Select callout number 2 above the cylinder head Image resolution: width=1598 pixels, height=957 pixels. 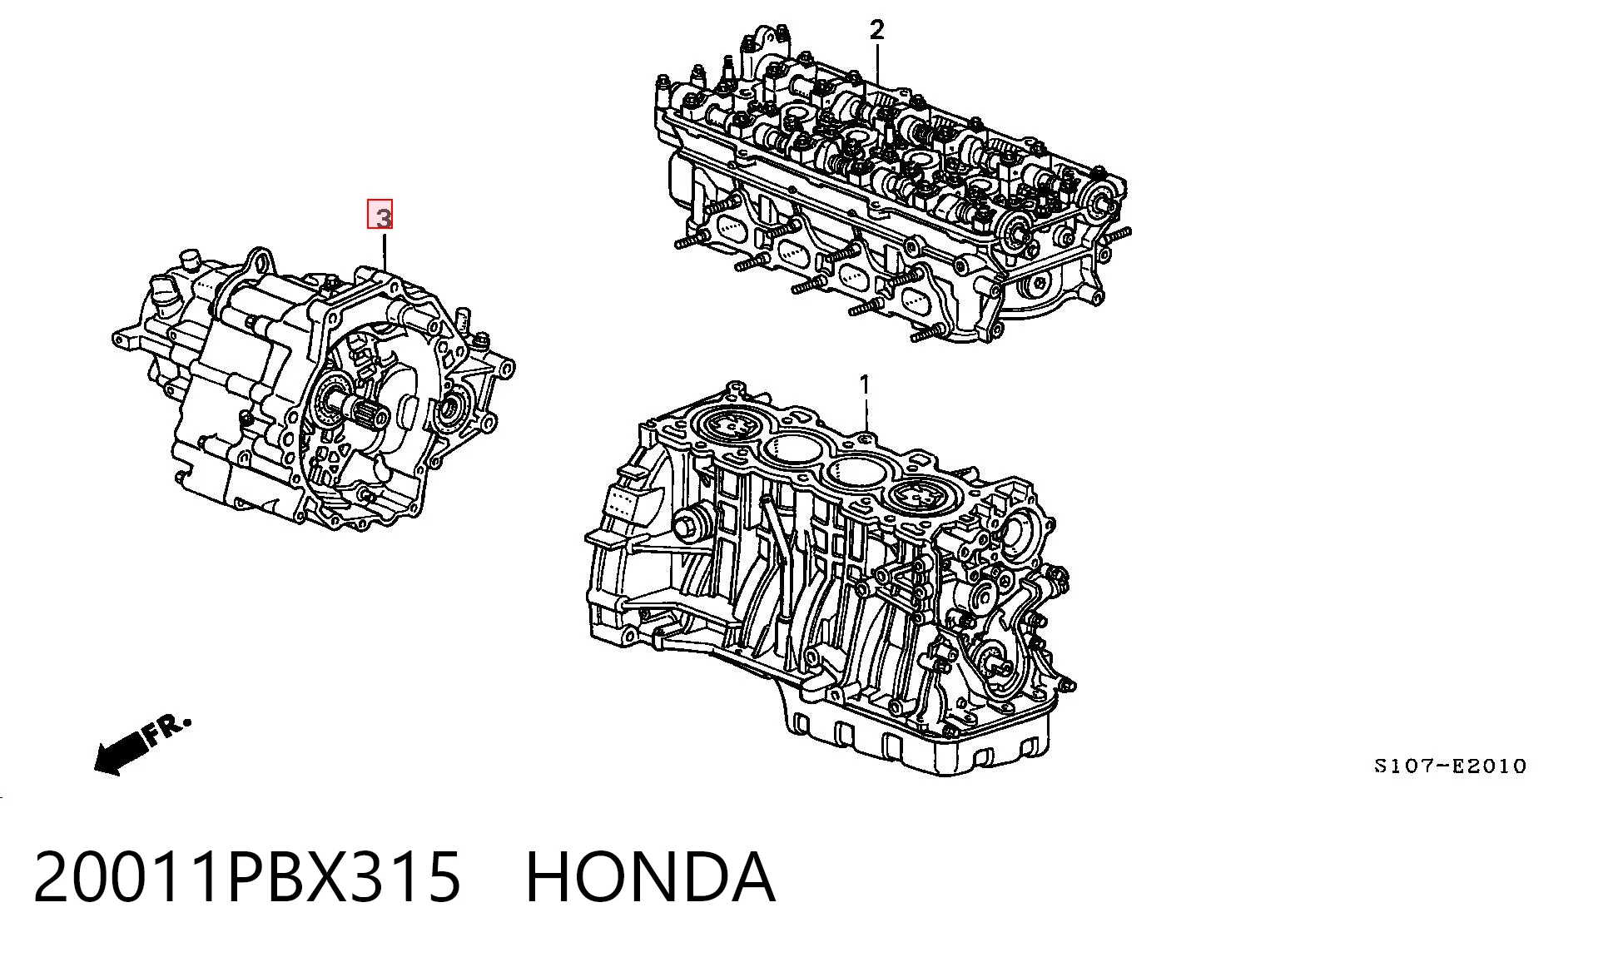tap(876, 30)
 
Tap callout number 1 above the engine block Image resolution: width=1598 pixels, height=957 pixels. tap(865, 385)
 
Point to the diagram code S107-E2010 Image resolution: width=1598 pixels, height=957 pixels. tap(1450, 766)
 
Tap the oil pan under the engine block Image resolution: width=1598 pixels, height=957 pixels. tap(916, 724)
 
